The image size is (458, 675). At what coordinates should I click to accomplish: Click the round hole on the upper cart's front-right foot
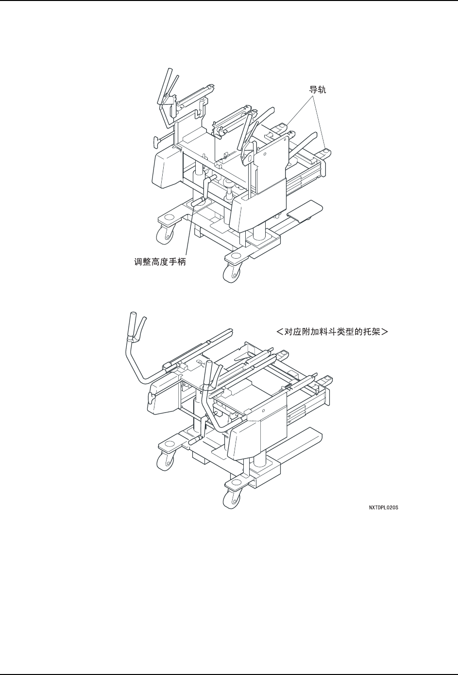[x=237, y=255]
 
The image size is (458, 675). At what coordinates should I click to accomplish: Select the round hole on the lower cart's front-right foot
[x=237, y=482]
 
